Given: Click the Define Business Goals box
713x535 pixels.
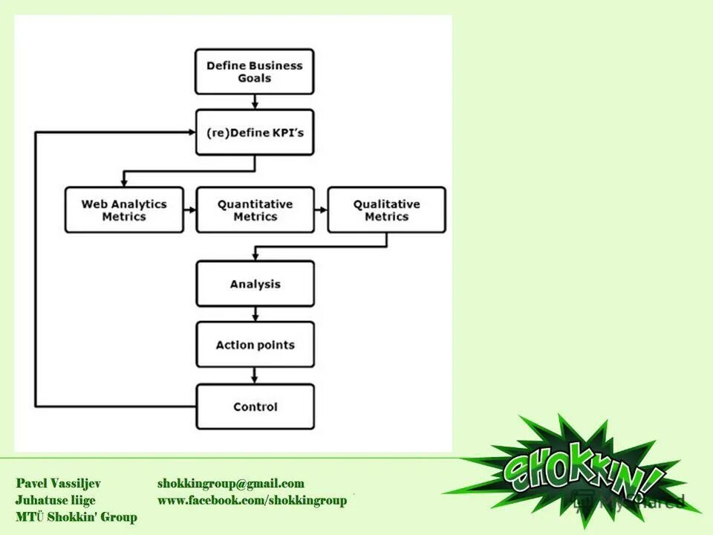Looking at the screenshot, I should pos(254,72).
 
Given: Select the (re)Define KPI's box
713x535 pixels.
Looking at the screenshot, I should pos(254,133).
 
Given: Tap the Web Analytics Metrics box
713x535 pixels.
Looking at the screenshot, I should pos(123,210).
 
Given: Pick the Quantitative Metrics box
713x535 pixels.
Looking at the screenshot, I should pos(254,210).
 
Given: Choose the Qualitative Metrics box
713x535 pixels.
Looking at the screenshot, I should pos(386,210).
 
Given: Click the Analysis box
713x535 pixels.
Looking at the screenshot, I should pos(254,284).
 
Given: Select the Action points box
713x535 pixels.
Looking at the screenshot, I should pos(254,345).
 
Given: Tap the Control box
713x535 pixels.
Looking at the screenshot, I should pos(254,406).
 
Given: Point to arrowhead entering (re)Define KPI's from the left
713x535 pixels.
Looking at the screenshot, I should pos(191,132).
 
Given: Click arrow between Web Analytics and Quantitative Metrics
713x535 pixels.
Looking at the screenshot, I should pos(189,210).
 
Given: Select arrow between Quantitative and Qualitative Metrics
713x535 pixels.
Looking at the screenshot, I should pos(321,210).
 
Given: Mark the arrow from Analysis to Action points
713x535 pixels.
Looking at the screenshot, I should pos(255,314).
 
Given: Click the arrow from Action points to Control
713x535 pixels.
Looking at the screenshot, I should pos(255,376).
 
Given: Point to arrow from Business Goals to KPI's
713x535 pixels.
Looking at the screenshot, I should pos(255,103).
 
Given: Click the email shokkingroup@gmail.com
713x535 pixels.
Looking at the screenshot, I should pos(230,484).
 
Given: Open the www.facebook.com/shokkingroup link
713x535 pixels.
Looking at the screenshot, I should pos(252,500).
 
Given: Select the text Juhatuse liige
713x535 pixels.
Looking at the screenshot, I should pos(55,500).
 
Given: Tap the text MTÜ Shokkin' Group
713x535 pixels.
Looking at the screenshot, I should pos(76,516).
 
